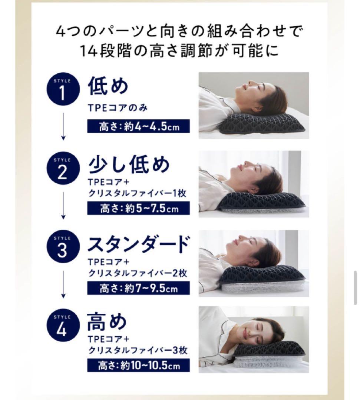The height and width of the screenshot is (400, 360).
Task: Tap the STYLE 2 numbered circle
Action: point(63,169)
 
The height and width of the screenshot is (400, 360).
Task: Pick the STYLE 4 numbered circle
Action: point(63,326)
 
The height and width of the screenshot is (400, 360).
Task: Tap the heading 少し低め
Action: point(129,165)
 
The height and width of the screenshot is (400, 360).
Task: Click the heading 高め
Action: point(107,322)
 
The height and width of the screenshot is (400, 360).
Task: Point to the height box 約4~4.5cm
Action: point(139,127)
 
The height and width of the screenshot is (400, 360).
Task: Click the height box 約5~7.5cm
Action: point(139,209)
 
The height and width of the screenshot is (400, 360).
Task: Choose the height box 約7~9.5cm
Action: point(139,288)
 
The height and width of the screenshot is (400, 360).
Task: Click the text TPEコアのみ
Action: point(118,109)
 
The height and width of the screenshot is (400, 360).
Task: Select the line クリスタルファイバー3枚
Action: point(138,350)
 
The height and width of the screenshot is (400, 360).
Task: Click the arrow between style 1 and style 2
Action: point(63,126)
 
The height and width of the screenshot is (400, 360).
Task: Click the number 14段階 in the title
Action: point(108,51)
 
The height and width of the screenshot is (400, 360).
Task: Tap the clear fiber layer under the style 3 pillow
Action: point(263,286)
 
